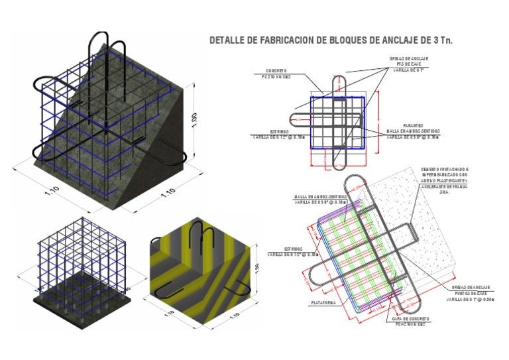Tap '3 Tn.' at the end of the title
point(440,40)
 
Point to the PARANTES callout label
point(413,125)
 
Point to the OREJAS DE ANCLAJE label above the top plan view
point(408,59)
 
